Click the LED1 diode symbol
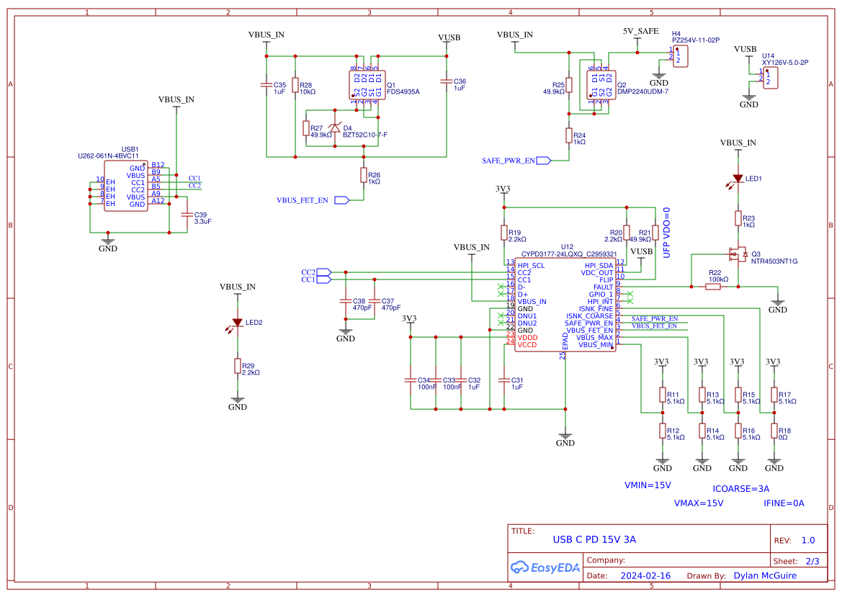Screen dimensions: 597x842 [738, 178]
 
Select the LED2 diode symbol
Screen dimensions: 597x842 [237, 323]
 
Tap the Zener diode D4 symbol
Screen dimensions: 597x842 [335, 128]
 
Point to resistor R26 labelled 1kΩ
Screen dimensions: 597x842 [364, 175]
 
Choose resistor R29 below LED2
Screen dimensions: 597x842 [237, 366]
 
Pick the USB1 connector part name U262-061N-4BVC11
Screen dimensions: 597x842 [108, 156]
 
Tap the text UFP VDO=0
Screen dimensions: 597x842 [666, 233]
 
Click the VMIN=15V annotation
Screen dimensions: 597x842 [648, 485]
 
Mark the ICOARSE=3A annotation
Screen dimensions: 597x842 [740, 488]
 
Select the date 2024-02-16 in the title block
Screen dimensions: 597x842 [645, 576]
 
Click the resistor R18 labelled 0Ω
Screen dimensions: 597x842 [774, 431]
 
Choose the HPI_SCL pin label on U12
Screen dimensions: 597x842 [531, 266]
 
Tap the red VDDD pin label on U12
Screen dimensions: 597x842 [527, 337]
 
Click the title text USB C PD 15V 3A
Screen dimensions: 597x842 [594, 539]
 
